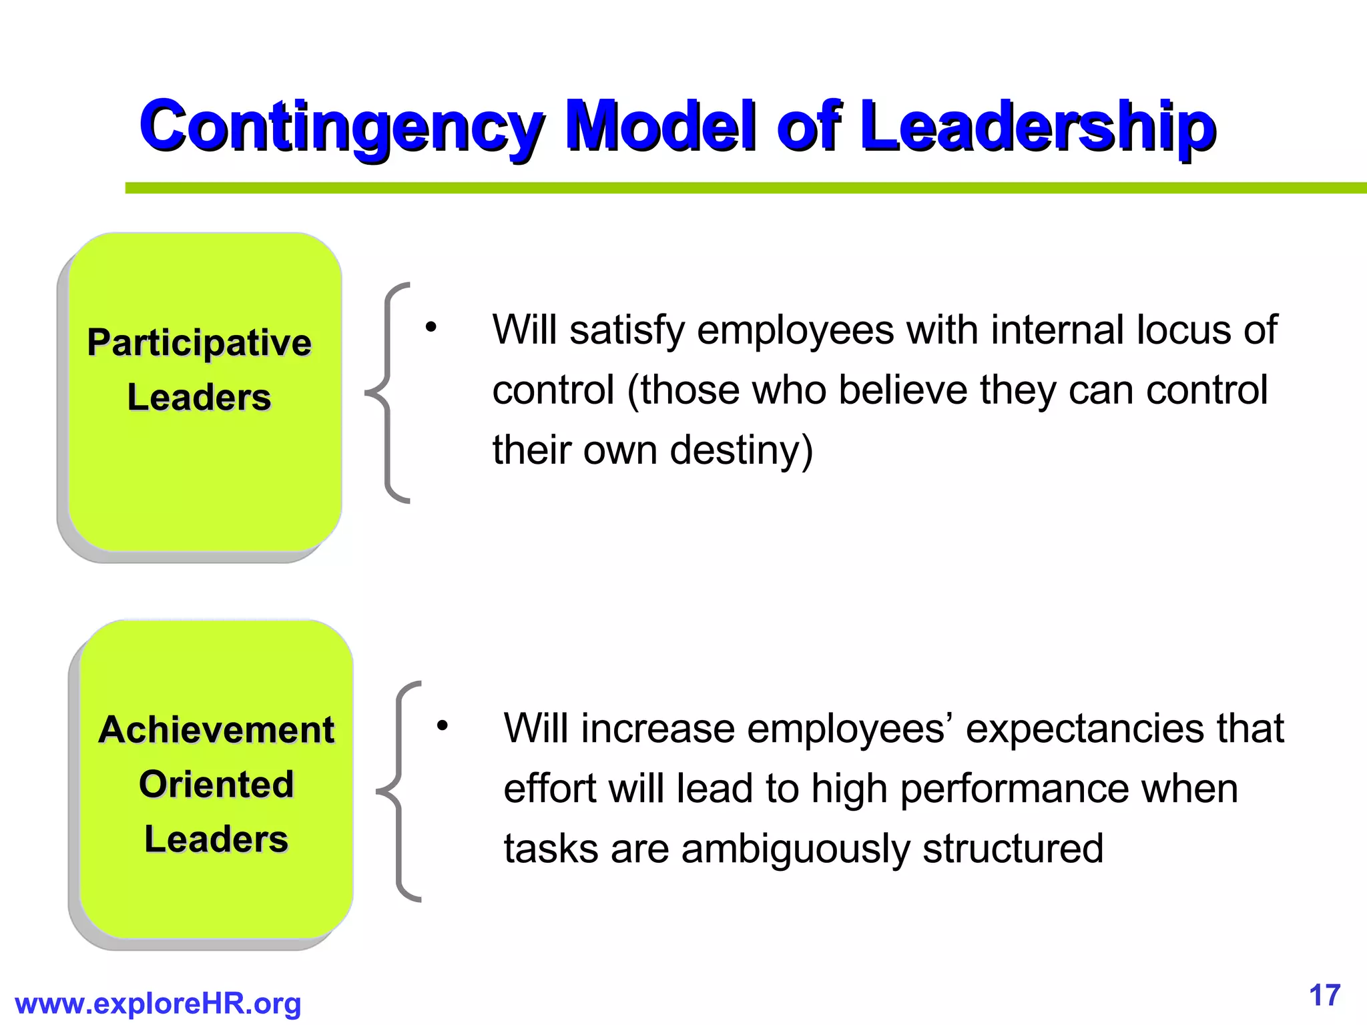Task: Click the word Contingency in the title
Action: [x=340, y=127]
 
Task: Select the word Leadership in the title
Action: [x=1038, y=127]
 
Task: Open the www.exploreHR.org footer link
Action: [x=158, y=1004]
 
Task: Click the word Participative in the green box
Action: [x=199, y=343]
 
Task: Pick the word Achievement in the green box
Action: [x=216, y=729]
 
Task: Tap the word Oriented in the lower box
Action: [x=216, y=784]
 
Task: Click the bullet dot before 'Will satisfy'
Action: [x=431, y=327]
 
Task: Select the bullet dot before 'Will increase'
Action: [x=442, y=725]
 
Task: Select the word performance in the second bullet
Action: [x=1015, y=789]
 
